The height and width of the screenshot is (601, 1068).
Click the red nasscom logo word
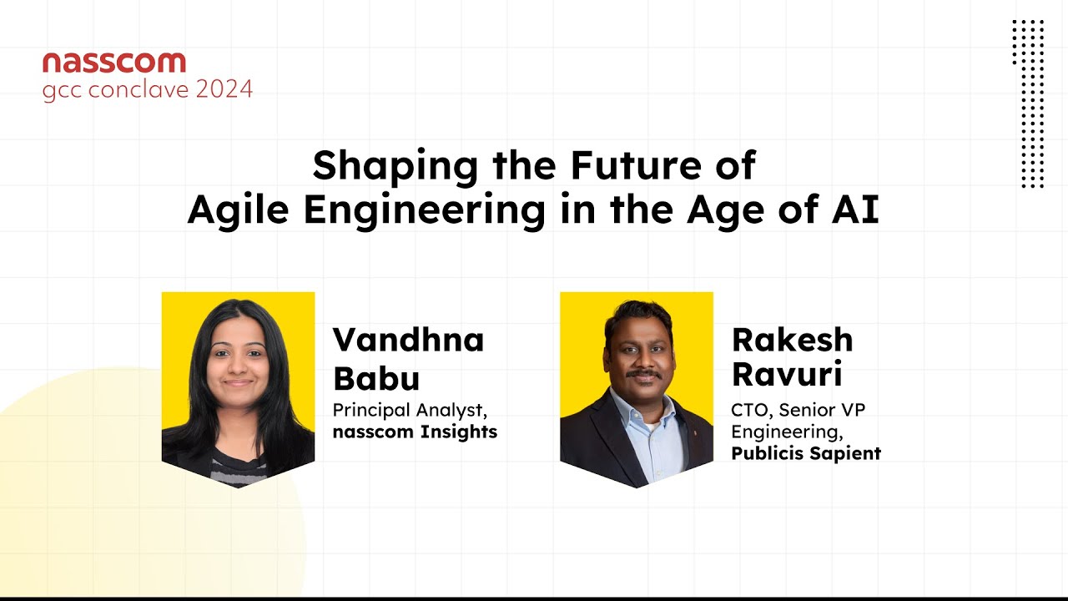[114, 62]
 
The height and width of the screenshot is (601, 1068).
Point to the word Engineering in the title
[424, 210]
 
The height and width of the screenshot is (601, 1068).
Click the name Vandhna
[409, 341]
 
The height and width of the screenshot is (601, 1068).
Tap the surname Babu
[376, 378]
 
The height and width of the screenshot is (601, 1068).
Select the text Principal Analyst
[409, 411]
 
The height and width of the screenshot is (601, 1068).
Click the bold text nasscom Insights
[415, 432]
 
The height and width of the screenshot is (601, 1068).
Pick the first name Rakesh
[793, 341]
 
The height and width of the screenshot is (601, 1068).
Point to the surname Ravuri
[787, 375]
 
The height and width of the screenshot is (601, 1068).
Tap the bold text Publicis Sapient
[806, 453]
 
